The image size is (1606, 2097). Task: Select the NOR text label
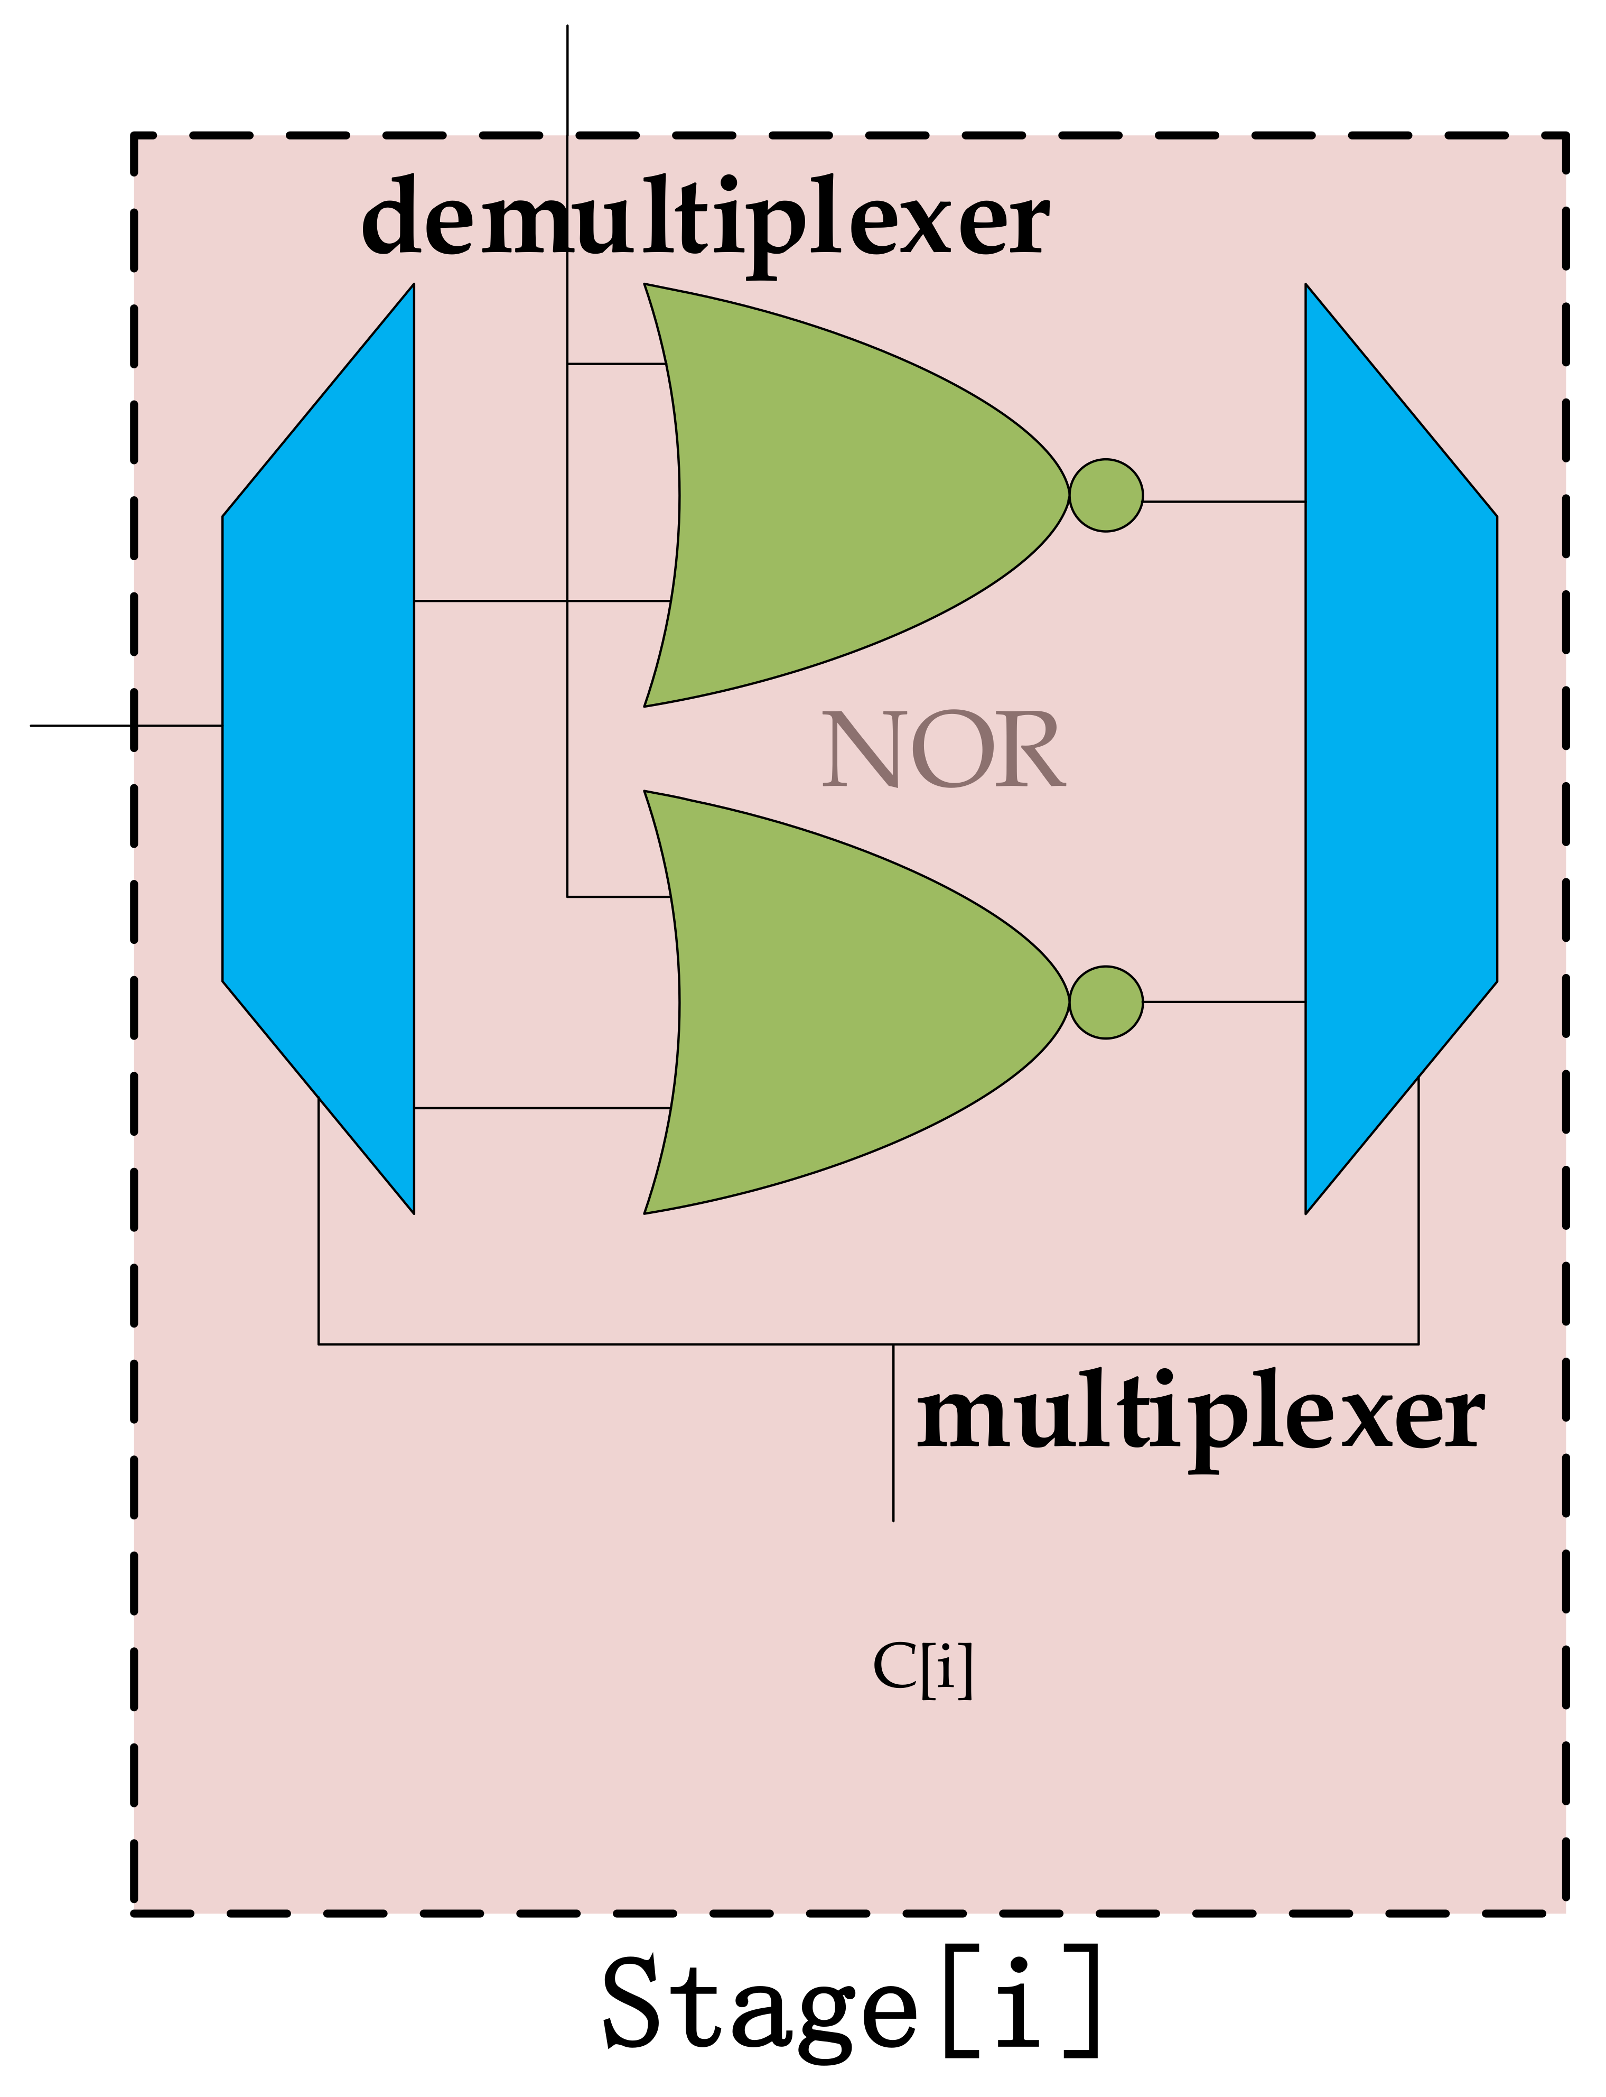click(x=942, y=750)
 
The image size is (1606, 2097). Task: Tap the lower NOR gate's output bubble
click(x=1106, y=1002)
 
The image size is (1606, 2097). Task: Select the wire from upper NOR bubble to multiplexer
click(x=1224, y=501)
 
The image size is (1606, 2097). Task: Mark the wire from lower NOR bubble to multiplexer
click(x=1224, y=1002)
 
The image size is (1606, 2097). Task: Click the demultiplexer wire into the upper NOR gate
click(x=488, y=600)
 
